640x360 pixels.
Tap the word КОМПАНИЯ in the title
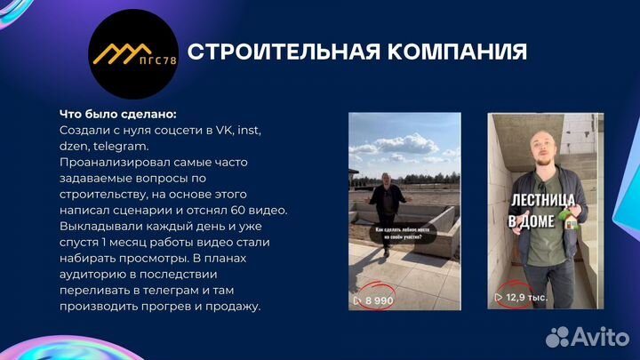453,52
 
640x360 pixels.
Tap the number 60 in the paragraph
239,211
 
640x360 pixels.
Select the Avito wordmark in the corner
602,337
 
